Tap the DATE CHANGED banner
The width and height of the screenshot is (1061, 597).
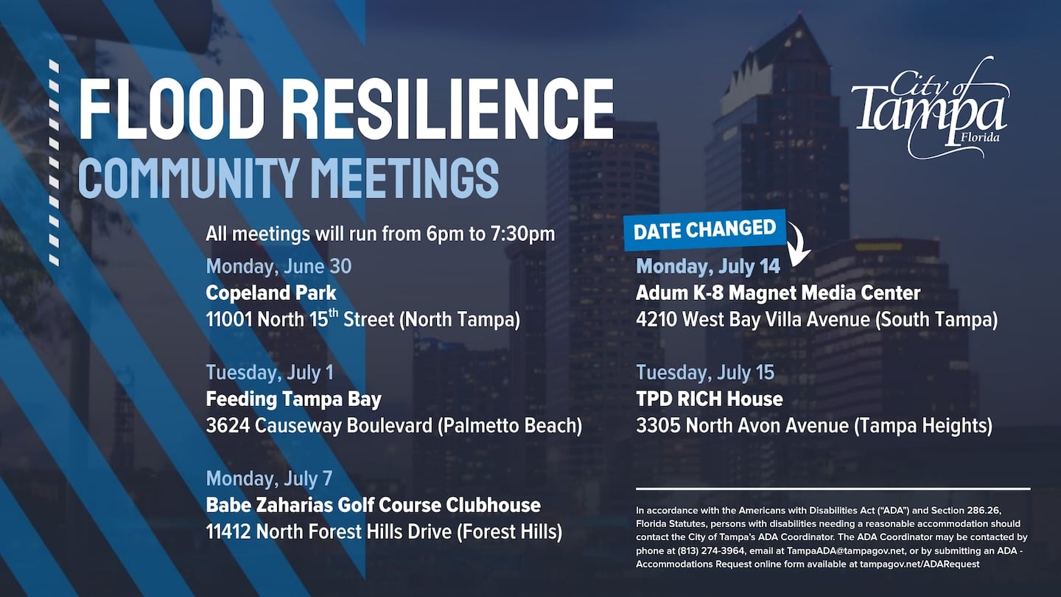coord(705,229)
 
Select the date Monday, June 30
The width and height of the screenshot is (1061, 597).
coord(279,266)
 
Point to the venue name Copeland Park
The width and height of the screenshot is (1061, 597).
coord(271,293)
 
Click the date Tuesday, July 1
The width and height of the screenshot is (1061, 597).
coord(270,372)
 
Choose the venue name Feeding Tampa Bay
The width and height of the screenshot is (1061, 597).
coord(294,399)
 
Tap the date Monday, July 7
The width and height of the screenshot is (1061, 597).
coord(269,478)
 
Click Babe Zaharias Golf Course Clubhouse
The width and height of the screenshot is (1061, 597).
coord(374,505)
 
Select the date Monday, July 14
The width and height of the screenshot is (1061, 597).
coord(708,266)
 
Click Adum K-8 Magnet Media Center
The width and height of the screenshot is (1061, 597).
coord(778,293)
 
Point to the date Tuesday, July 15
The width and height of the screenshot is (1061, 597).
coord(705,372)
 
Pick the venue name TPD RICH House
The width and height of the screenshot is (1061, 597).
coord(710,399)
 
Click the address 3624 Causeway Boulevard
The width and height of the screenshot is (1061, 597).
coord(319,425)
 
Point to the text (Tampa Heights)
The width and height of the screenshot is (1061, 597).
coord(923,425)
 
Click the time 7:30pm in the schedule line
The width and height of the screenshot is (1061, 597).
coord(522,234)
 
